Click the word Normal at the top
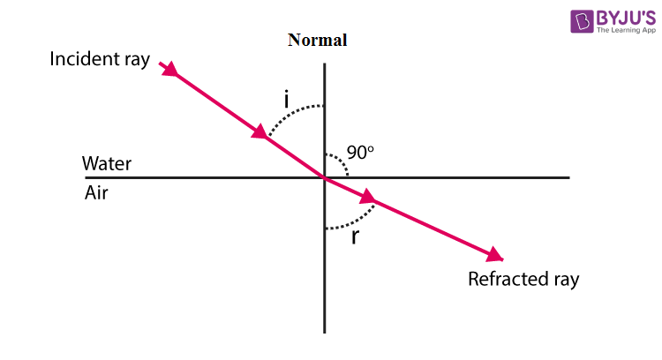(318, 40)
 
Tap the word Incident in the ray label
(85, 58)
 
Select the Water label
(107, 163)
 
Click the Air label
(96, 193)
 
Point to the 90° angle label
(360, 153)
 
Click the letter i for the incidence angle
(287, 100)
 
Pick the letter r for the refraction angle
(355, 237)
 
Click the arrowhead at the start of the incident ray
(169, 69)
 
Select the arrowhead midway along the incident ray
(260, 131)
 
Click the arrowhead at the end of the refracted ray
(495, 255)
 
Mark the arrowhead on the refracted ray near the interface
(368, 197)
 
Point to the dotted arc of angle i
(291, 113)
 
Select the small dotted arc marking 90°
(342, 161)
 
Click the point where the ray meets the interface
(325, 177)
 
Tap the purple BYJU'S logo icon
(582, 21)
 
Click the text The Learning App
(626, 30)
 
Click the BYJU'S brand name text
(626, 18)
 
